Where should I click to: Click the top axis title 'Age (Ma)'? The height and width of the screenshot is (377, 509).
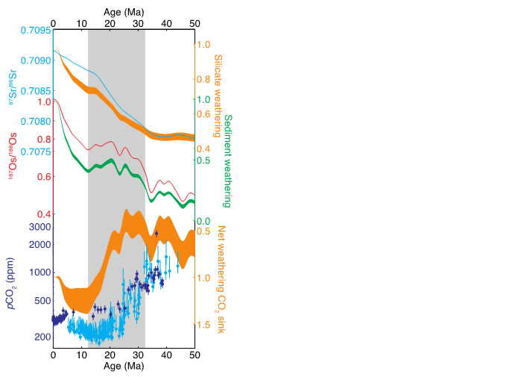[x=123, y=12]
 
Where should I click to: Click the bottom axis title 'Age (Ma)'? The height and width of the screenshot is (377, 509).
[x=123, y=367]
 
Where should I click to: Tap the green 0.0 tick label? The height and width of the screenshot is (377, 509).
[x=203, y=221]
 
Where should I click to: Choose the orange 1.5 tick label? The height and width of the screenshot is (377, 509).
[x=203, y=325]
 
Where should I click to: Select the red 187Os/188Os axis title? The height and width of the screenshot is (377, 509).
[x=10, y=162]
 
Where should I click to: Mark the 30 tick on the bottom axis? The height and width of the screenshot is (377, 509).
[x=138, y=356]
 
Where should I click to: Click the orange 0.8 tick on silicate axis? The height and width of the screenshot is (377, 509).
[x=203, y=79]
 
